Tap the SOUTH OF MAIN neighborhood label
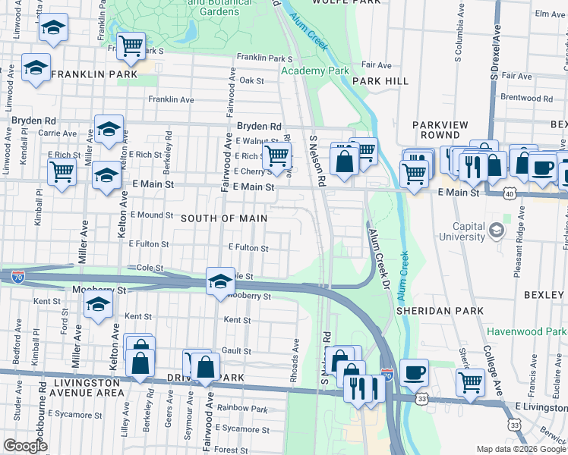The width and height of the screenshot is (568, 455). click(x=224, y=218)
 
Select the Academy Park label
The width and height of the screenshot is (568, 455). click(x=314, y=71)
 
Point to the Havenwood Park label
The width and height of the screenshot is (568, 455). click(x=526, y=332)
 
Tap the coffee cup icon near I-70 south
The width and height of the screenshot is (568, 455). click(x=414, y=372)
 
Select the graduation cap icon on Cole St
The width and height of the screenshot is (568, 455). click(x=219, y=281)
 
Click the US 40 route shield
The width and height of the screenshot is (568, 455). click(x=509, y=194)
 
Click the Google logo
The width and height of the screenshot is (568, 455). click(x=25, y=446)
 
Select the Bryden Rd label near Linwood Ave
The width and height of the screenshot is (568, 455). click(x=33, y=121)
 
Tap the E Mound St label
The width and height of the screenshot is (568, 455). click(x=153, y=215)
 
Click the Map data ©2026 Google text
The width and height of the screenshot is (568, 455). click(x=520, y=449)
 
